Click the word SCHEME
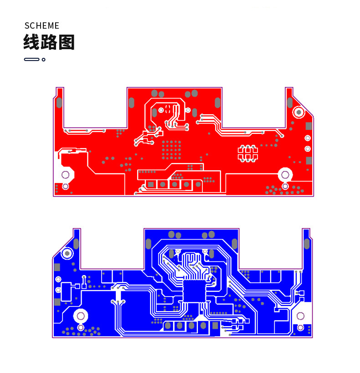pos(42,26)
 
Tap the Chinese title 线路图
pos(49,42)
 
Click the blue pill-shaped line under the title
pos(31,59)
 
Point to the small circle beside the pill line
pos(44,59)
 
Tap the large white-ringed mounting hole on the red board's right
pos(285,174)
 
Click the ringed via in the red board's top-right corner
pos(299,112)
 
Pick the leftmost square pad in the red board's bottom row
pos(150,184)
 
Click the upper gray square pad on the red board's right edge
pos(309,125)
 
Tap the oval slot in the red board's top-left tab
pos(59,102)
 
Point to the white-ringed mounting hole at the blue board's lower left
pos(81,316)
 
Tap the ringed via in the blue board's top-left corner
pos(67,253)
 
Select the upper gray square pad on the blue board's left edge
pos(57,267)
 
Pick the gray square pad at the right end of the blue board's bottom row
pos(215,325)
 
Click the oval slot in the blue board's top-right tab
pos(307,244)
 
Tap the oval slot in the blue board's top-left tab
pos(76,243)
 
